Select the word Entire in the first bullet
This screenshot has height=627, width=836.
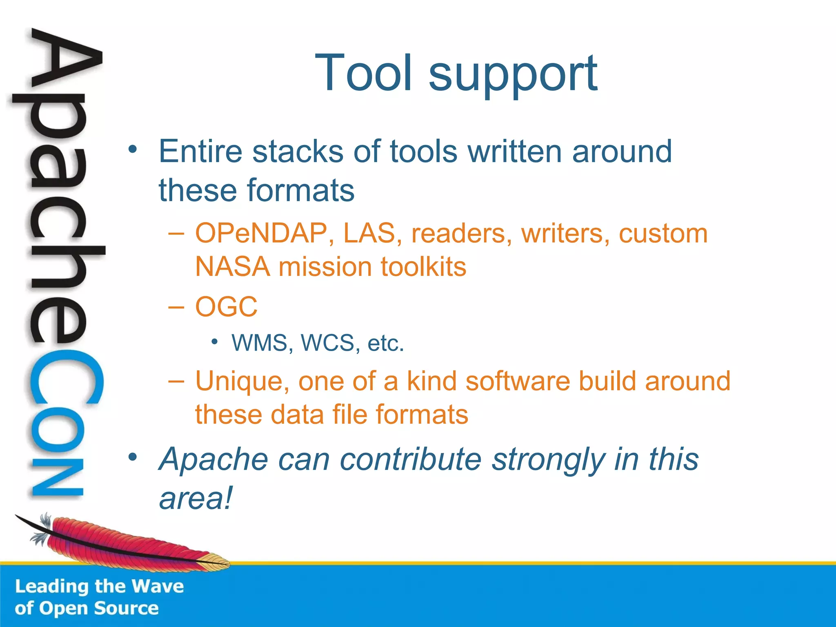coord(200,151)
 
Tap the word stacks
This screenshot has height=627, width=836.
coord(298,151)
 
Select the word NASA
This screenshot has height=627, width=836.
coord(232,267)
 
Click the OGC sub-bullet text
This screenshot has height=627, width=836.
coord(227,307)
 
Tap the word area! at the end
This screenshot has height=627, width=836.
coord(196,498)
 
